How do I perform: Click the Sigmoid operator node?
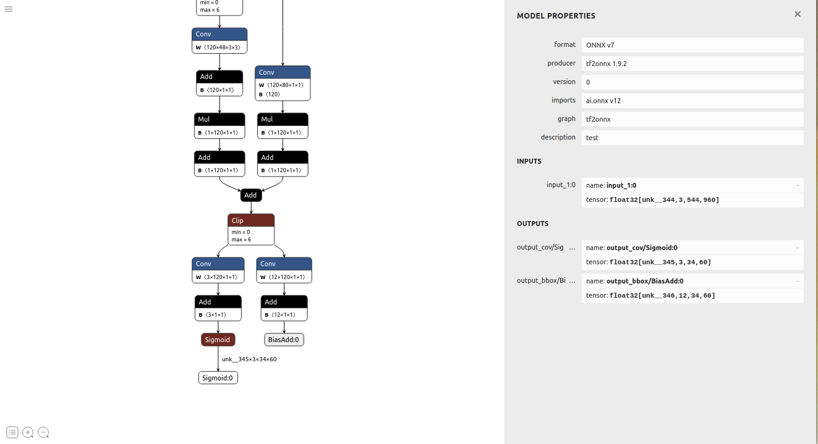point(218,340)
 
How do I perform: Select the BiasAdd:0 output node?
point(284,340)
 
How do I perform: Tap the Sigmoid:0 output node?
point(218,378)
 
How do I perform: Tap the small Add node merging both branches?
point(250,195)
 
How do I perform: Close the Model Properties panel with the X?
point(798,14)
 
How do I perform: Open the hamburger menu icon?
point(9,9)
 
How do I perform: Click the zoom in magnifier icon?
point(28,432)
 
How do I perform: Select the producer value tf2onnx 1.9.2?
point(607,64)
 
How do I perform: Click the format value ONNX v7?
point(600,45)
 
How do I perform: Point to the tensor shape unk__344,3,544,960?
point(664,200)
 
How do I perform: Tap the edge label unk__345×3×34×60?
point(249,359)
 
